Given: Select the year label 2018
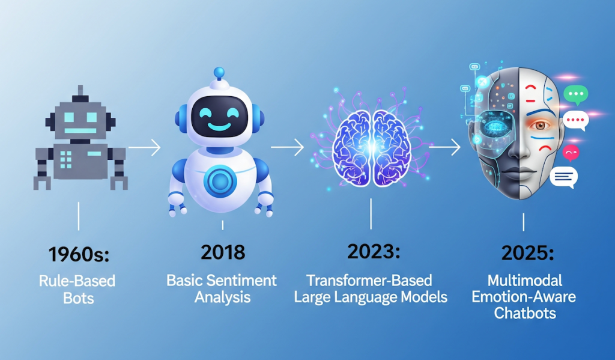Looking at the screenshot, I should [x=223, y=252].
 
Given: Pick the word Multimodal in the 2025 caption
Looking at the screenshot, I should [x=525, y=281].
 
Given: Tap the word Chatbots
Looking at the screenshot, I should [x=525, y=313].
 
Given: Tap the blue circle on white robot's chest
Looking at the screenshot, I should [x=220, y=180].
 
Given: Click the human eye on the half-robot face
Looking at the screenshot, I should [x=543, y=126].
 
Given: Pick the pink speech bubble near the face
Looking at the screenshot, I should [x=571, y=153].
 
